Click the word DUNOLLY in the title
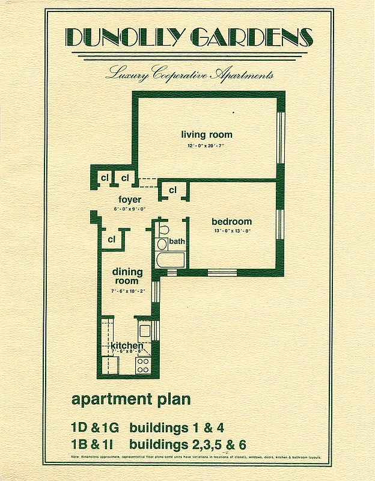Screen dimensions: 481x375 [121, 38]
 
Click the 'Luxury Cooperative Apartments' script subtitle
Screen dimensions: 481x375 [189, 75]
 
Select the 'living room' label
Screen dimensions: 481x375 [207, 135]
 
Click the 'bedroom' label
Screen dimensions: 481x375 [231, 221]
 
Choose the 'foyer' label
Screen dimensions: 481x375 [130, 200]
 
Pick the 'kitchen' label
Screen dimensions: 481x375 [127, 346]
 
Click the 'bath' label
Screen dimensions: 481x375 [177, 242]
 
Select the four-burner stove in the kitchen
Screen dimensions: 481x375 [143, 365]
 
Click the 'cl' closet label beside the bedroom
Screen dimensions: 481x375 [172, 191]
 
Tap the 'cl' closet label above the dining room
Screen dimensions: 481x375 [112, 239]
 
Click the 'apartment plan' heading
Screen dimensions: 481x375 [130, 399]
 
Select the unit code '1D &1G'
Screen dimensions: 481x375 [95, 428]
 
